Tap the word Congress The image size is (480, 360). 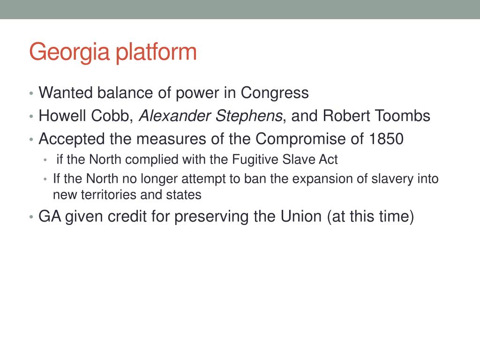pyautogui.click(x=275, y=93)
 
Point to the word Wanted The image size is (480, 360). pyautogui.click(x=66, y=93)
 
